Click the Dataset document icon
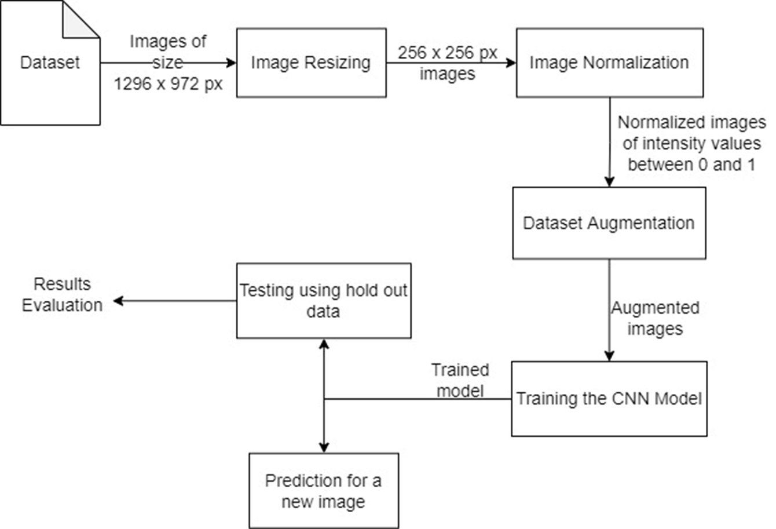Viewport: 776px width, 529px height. tap(50, 63)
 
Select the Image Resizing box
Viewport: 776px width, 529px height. tap(311, 63)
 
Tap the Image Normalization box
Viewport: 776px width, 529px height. tap(609, 63)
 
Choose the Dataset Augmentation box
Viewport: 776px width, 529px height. tap(609, 223)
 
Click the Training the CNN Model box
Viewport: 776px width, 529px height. tap(609, 399)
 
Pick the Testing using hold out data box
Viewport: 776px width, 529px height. tap(324, 301)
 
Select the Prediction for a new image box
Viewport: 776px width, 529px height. tap(324, 490)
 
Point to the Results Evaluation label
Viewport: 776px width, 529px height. tap(62, 294)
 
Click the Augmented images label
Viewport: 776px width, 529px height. tap(655, 318)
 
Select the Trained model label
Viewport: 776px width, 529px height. tap(460, 380)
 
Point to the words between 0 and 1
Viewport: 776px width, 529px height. tap(691, 165)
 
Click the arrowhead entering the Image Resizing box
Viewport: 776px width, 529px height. tap(232, 63)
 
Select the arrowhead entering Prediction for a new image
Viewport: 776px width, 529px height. tap(324, 447)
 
